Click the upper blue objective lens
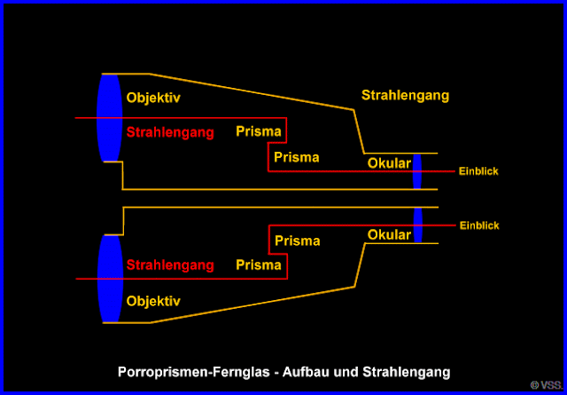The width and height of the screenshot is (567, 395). (109, 117)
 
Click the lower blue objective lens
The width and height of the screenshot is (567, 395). (109, 279)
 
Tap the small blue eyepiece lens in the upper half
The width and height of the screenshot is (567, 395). (417, 170)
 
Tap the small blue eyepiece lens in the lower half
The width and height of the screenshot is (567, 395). (417, 225)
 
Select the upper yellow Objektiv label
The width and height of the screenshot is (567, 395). (153, 98)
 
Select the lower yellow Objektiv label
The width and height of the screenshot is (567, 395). (153, 301)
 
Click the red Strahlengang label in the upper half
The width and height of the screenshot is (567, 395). (170, 133)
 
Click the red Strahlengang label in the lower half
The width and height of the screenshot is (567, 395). (170, 265)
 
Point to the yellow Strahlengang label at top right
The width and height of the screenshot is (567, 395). (405, 95)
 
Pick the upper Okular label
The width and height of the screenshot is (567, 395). (389, 162)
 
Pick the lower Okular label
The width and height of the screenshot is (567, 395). (389, 235)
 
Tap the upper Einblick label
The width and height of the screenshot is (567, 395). (478, 170)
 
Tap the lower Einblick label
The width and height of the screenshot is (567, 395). (478, 225)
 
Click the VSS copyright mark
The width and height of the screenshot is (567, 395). (546, 385)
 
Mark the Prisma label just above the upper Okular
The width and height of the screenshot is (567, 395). (297, 158)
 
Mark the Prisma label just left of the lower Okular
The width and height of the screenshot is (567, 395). (297, 241)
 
